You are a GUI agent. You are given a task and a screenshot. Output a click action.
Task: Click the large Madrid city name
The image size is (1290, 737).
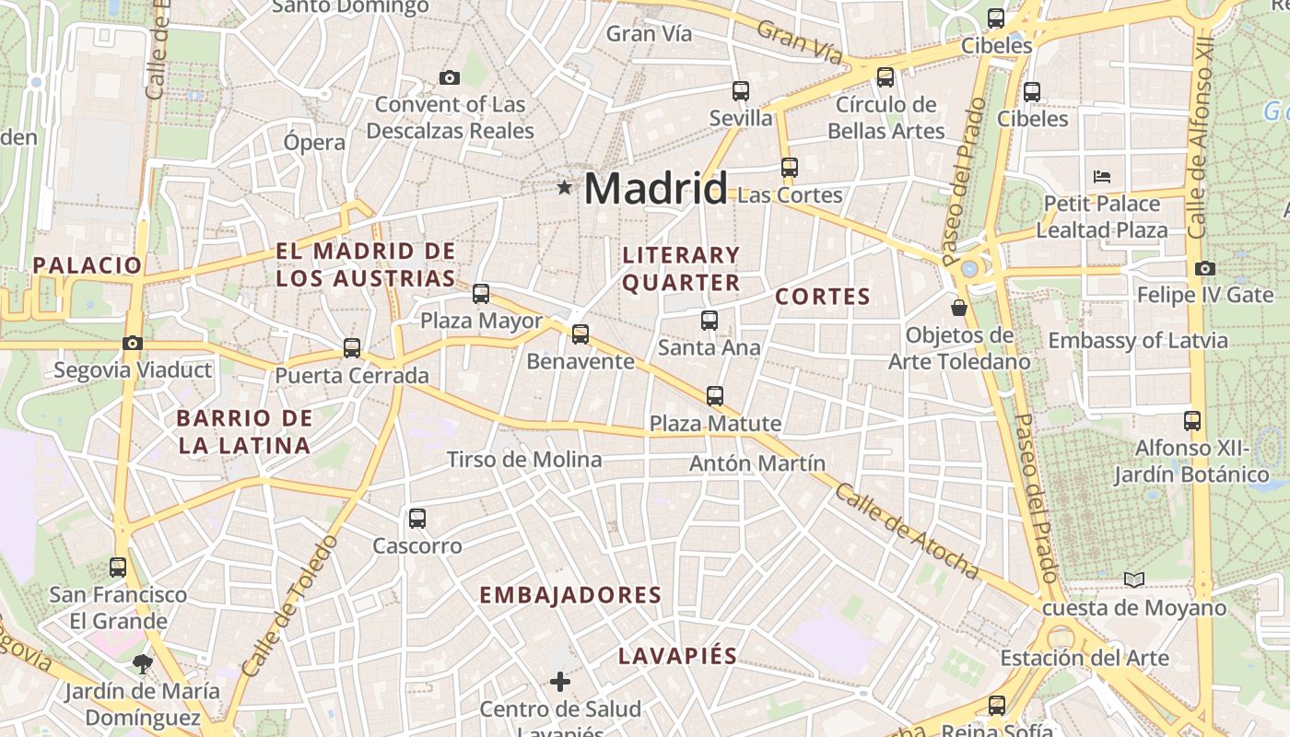[x=655, y=189]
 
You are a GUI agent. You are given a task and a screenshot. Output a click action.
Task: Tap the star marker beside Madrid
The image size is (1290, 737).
[x=564, y=188]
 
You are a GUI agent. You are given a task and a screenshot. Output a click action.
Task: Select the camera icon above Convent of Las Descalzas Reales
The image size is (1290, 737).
[x=450, y=77]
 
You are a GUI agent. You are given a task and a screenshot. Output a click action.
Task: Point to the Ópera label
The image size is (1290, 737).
[x=314, y=143]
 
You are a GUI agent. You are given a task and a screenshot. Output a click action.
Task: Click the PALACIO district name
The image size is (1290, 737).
[x=88, y=266]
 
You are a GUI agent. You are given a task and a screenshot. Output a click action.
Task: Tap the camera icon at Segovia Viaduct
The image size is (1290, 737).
[x=133, y=344]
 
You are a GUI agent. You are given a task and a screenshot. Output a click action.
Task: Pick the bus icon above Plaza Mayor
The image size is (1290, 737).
[x=481, y=294]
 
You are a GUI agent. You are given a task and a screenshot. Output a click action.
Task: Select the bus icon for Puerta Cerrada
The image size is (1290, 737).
[x=352, y=348]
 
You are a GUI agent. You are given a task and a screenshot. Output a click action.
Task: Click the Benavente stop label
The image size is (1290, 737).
[x=580, y=361]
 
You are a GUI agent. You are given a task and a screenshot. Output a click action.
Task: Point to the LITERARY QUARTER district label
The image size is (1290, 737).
[x=681, y=268]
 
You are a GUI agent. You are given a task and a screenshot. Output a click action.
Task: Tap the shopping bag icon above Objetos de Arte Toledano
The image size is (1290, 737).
[x=959, y=307]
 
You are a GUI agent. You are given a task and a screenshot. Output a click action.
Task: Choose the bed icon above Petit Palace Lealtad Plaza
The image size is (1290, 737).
[x=1102, y=177]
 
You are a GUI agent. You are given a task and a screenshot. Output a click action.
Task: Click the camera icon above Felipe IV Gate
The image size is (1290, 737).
[x=1205, y=269]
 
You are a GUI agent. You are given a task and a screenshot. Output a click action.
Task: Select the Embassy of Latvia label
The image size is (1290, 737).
[x=1138, y=341]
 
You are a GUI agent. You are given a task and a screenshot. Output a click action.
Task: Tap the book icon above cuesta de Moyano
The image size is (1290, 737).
[x=1134, y=579]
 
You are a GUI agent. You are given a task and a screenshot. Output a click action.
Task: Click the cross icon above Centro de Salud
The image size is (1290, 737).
[x=560, y=682]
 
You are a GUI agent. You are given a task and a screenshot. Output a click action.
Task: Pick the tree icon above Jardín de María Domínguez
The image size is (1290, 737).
[x=142, y=662]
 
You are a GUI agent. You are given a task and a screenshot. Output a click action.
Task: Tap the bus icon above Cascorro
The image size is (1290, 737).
[x=417, y=519]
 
